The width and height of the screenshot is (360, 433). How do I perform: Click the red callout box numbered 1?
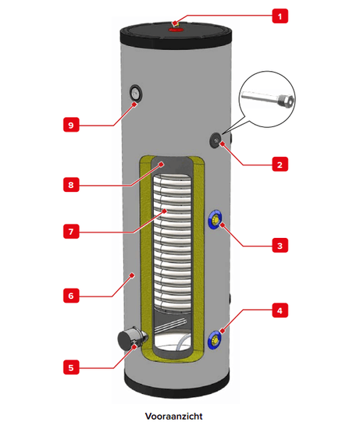(x=280, y=16)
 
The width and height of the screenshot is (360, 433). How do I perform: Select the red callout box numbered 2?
(x=280, y=165)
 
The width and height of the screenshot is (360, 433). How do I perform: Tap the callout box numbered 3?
(x=280, y=245)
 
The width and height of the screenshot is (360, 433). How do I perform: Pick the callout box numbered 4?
(x=280, y=311)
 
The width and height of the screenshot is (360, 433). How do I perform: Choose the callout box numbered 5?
(x=71, y=367)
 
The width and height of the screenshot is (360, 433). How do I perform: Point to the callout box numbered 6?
(x=71, y=296)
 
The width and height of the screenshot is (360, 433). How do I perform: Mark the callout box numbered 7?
(x=71, y=231)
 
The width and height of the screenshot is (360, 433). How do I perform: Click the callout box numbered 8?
(x=71, y=184)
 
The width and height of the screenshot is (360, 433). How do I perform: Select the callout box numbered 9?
(x=71, y=125)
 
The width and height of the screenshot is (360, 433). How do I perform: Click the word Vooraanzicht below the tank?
(x=173, y=416)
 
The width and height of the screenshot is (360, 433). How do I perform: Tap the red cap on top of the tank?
(x=176, y=29)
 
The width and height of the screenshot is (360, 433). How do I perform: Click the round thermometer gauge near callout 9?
(x=136, y=93)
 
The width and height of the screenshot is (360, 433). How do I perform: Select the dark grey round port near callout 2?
(x=216, y=140)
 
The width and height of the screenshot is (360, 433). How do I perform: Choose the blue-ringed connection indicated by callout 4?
(x=215, y=339)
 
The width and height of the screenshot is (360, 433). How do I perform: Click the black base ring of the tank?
(x=176, y=385)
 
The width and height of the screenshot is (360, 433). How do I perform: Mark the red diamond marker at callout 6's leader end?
(x=133, y=275)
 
